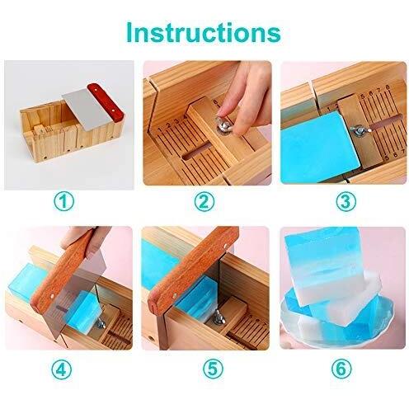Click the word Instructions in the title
(204, 33)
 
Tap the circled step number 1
(63, 201)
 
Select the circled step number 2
(204, 201)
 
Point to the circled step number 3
(346, 201)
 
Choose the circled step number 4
(61, 369)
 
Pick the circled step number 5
(213, 369)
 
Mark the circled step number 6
(341, 369)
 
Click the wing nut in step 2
(223, 125)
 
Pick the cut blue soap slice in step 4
(81, 310)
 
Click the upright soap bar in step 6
(323, 266)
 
